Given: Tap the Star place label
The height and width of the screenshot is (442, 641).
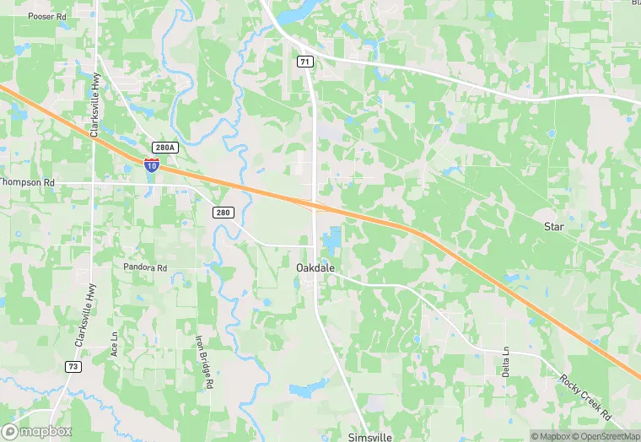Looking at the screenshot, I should [x=553, y=227].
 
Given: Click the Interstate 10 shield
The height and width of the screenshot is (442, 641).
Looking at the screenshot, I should [x=151, y=164].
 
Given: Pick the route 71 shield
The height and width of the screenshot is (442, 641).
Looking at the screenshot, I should [x=304, y=62].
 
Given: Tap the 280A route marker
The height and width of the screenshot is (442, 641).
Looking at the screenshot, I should [x=165, y=148].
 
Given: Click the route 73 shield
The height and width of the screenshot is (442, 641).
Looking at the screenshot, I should [x=74, y=366].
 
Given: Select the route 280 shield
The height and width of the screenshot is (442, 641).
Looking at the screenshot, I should [x=222, y=213].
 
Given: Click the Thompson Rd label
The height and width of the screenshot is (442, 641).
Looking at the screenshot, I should [x=27, y=182].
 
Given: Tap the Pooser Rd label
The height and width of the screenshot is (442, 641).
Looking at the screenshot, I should [x=46, y=16].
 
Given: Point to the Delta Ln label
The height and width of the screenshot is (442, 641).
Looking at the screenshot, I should [x=507, y=360].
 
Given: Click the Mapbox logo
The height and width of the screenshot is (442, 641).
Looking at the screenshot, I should [x=36, y=431].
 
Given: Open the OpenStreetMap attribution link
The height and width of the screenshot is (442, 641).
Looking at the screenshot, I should [x=605, y=436].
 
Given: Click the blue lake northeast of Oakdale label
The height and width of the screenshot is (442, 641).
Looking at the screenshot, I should [x=331, y=239].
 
